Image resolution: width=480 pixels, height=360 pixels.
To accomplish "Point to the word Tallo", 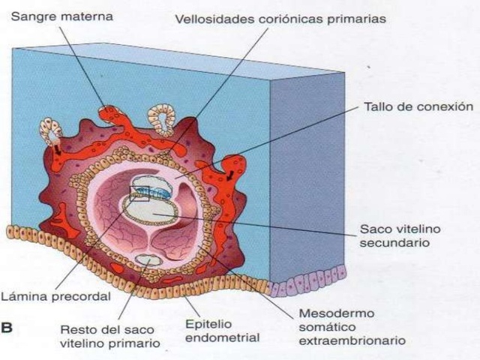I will [379, 106].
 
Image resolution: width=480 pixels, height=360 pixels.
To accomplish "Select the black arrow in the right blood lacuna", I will [230, 177].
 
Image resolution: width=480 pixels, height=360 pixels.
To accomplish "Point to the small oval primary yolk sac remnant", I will [148, 260].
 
